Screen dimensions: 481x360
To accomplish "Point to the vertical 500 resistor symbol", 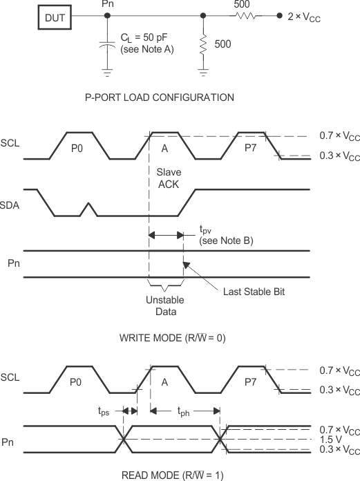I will [x=203, y=44].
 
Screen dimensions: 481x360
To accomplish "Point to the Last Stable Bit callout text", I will [x=253, y=292].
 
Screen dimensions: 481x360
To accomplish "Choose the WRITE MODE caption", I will [x=173, y=339].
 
